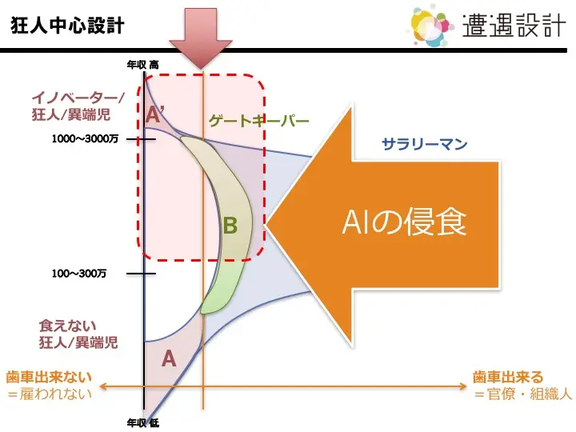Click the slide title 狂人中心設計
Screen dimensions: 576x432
[x=67, y=26]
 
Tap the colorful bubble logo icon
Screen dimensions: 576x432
[x=431, y=26]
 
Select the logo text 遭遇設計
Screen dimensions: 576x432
[x=514, y=26]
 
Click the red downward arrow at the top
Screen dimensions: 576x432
[x=201, y=38]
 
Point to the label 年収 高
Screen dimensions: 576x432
[x=143, y=65]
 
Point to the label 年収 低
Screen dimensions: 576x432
[x=143, y=423]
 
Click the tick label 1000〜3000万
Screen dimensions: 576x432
[x=85, y=138]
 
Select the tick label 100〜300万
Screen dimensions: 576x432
[x=79, y=274]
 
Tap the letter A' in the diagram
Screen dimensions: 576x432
[x=154, y=114]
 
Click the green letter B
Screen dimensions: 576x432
[x=230, y=226]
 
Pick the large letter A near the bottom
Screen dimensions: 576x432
[x=169, y=358]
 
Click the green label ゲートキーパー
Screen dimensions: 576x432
[x=259, y=121]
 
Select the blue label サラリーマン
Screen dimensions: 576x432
[x=424, y=144]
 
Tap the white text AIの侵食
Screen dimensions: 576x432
[x=405, y=222]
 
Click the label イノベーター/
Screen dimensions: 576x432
[x=78, y=98]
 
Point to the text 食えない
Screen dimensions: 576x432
[x=67, y=326]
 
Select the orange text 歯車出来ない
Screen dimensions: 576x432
[x=49, y=378]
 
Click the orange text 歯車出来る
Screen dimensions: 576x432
[x=508, y=378]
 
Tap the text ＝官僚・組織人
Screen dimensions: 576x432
[x=522, y=394]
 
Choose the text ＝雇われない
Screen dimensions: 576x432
[x=50, y=394]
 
